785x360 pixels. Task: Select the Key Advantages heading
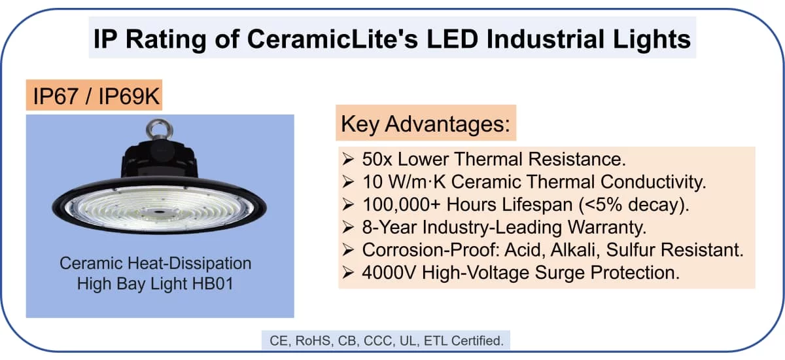point(425,123)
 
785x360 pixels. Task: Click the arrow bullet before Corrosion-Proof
point(349,249)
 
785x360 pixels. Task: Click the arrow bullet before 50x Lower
point(349,159)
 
